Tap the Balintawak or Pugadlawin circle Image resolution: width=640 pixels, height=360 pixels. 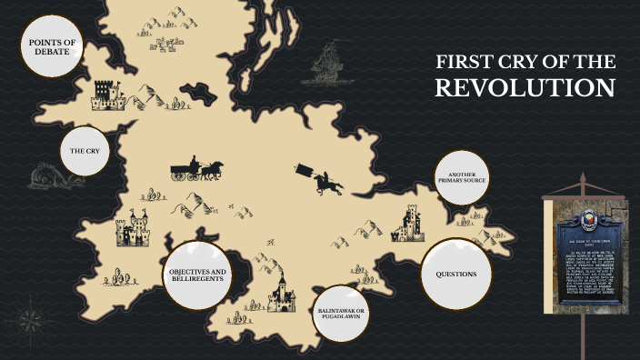point(341,313)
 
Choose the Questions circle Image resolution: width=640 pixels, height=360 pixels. point(455,274)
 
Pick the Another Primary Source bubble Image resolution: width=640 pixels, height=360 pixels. point(462,176)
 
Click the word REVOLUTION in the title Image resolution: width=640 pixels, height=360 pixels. point(525,88)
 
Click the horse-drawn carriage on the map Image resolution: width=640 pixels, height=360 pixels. point(195,169)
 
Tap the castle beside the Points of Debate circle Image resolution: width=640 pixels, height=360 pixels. point(108,93)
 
